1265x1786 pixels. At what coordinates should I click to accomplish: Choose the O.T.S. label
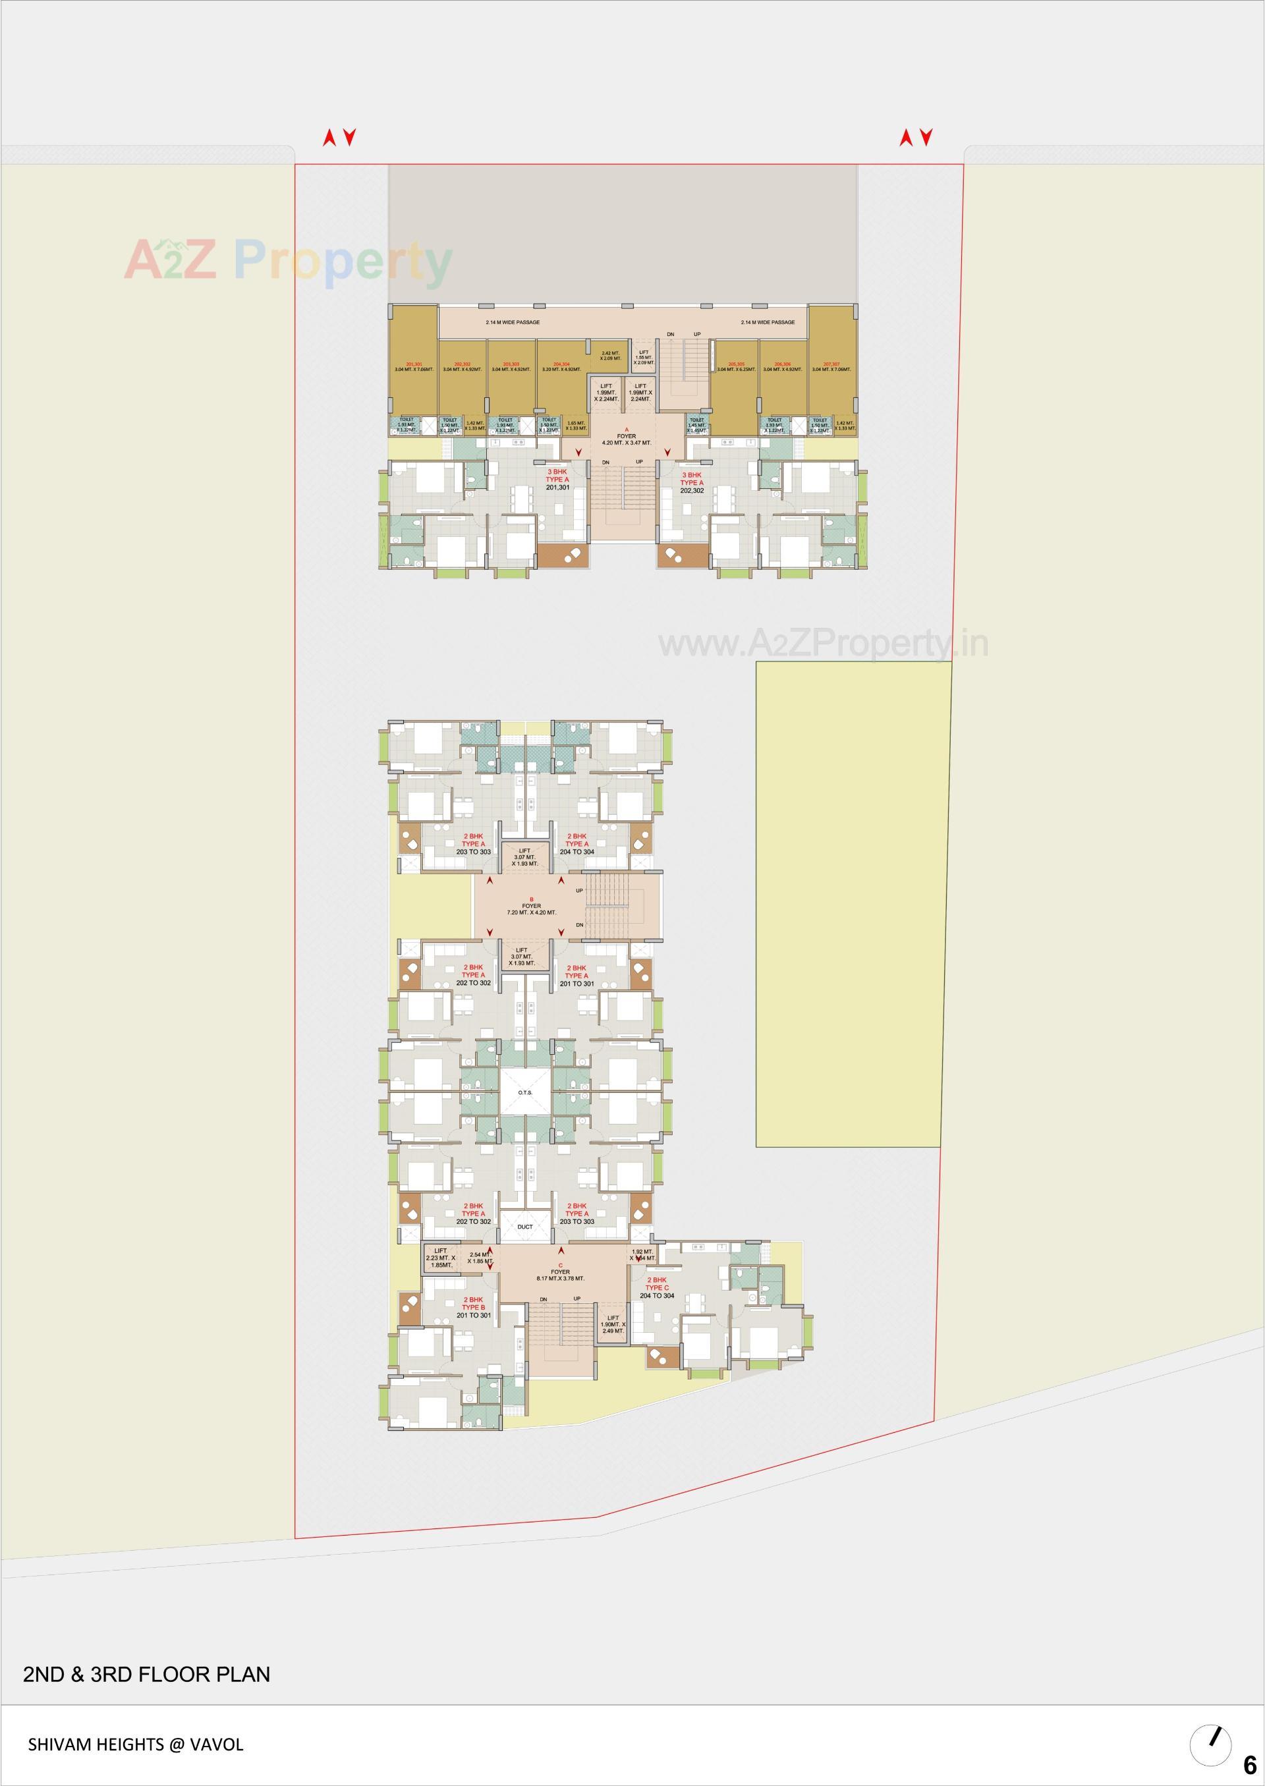click(525, 1093)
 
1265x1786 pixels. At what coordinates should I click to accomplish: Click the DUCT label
click(525, 1227)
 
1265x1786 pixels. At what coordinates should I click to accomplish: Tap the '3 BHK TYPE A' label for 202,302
click(692, 482)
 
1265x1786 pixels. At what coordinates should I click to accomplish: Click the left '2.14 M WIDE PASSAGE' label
click(513, 322)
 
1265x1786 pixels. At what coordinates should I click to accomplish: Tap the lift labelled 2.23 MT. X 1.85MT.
click(440, 1258)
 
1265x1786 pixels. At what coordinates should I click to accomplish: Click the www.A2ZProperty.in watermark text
click(824, 644)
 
